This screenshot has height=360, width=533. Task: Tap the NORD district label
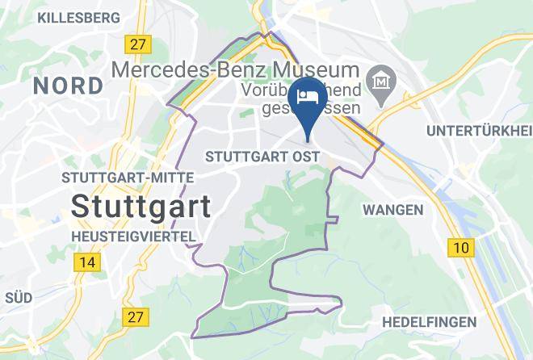coord(68,85)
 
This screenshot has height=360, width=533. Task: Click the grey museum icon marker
coord(378,80)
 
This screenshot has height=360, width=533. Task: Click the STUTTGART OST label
coord(263,156)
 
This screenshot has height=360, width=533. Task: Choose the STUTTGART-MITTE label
coord(128,177)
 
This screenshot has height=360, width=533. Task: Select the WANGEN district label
coord(393,210)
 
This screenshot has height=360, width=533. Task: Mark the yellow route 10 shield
coord(461,247)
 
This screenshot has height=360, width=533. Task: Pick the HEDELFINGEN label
coord(429,322)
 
